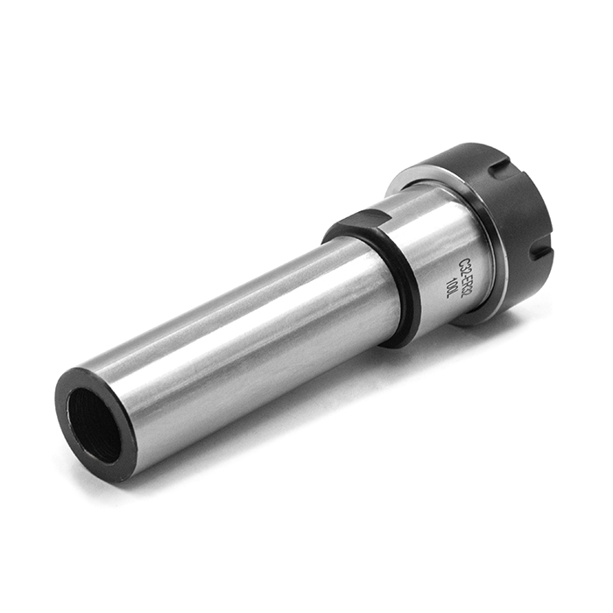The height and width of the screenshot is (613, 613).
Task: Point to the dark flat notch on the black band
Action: [x=362, y=222]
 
